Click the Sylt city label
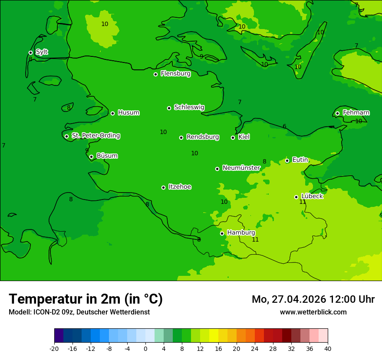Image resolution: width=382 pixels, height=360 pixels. pyautogui.click(x=42, y=52)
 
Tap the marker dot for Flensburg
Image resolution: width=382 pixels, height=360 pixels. pyautogui.click(x=155, y=74)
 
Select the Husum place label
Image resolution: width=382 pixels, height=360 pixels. pyautogui.click(x=128, y=113)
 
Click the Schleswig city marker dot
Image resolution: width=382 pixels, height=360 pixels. pyautogui.click(x=169, y=108)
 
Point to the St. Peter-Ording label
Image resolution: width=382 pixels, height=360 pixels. pyautogui.click(x=95, y=136)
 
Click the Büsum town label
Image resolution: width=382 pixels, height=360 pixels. pyautogui.click(x=107, y=156)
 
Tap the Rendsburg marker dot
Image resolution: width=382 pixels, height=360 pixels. pyautogui.click(x=181, y=137)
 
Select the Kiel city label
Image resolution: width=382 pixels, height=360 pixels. pyautogui.click(x=244, y=137)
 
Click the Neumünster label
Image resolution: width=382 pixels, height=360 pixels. pyautogui.click(x=241, y=168)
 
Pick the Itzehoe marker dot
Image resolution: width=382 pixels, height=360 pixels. pyautogui.click(x=163, y=187)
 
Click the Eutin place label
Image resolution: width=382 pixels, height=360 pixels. pyautogui.click(x=300, y=160)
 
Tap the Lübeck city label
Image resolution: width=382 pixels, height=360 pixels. pyautogui.click(x=312, y=196)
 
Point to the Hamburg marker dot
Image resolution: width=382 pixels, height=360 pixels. pyautogui.click(x=222, y=233)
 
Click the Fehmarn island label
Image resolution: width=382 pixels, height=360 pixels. pyautogui.click(x=356, y=113)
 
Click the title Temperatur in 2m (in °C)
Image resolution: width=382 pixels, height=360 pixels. pyautogui.click(x=86, y=299)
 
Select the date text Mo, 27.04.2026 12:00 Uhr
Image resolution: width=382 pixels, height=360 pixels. pyautogui.click(x=313, y=299)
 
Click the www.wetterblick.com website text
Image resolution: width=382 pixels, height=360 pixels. pyautogui.click(x=313, y=312)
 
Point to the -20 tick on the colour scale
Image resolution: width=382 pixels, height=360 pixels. pyautogui.click(x=54, y=348)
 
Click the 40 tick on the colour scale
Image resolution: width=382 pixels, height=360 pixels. pyautogui.click(x=328, y=348)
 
